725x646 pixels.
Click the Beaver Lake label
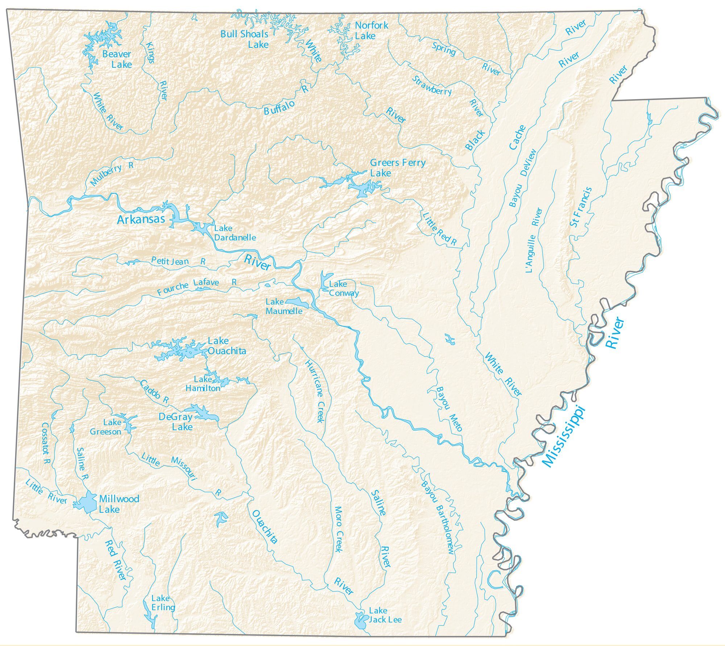117,59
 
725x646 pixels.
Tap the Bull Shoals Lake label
245,39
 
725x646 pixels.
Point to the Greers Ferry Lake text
397,168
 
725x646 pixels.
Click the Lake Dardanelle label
235,233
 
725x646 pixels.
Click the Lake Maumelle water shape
297,302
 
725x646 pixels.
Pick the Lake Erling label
163,603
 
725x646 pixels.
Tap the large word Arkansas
141,219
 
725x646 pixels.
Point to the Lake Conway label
343,289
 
